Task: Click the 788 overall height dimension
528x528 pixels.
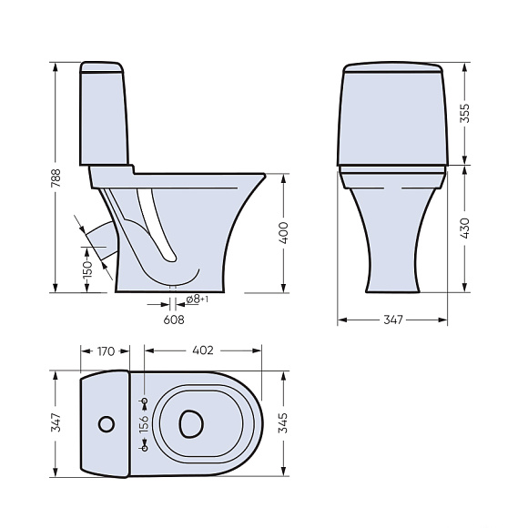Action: tap(56, 178)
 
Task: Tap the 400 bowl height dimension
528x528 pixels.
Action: tap(285, 233)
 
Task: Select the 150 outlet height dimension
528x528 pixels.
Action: tap(87, 269)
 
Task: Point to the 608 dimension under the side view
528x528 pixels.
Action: tap(174, 320)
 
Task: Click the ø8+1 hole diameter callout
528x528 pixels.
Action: tap(197, 299)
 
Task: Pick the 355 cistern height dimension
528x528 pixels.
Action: tap(464, 113)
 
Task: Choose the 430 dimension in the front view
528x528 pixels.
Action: tap(464, 228)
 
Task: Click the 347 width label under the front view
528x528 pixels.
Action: tap(393, 320)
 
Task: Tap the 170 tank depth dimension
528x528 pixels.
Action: tap(107, 351)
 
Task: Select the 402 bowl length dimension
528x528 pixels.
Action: tap(203, 350)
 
